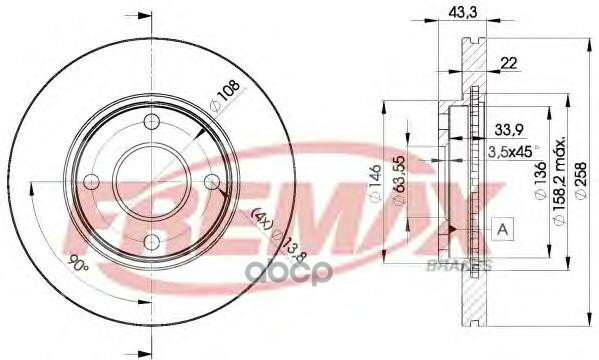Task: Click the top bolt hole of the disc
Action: tap(151, 122)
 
